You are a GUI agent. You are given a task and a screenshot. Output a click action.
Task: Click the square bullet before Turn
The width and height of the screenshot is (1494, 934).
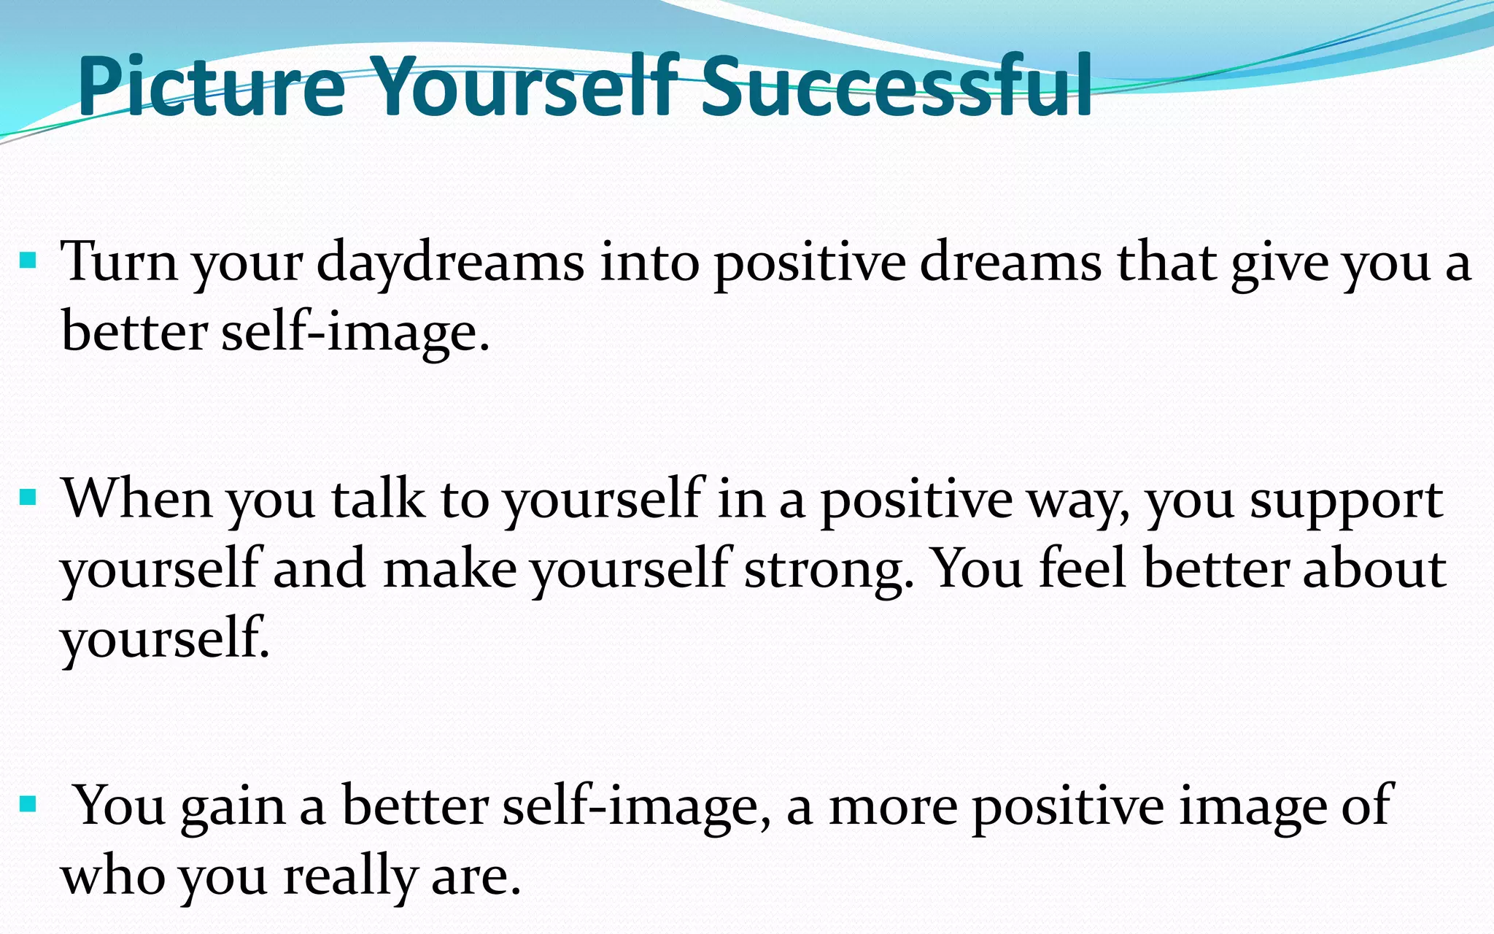pos(28,260)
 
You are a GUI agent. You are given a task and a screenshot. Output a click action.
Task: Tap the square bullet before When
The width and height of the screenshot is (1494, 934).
pos(28,498)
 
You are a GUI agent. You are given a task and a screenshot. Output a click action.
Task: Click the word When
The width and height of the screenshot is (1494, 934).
pos(136,499)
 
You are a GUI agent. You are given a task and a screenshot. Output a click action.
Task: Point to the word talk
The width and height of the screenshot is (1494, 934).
pos(377,499)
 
